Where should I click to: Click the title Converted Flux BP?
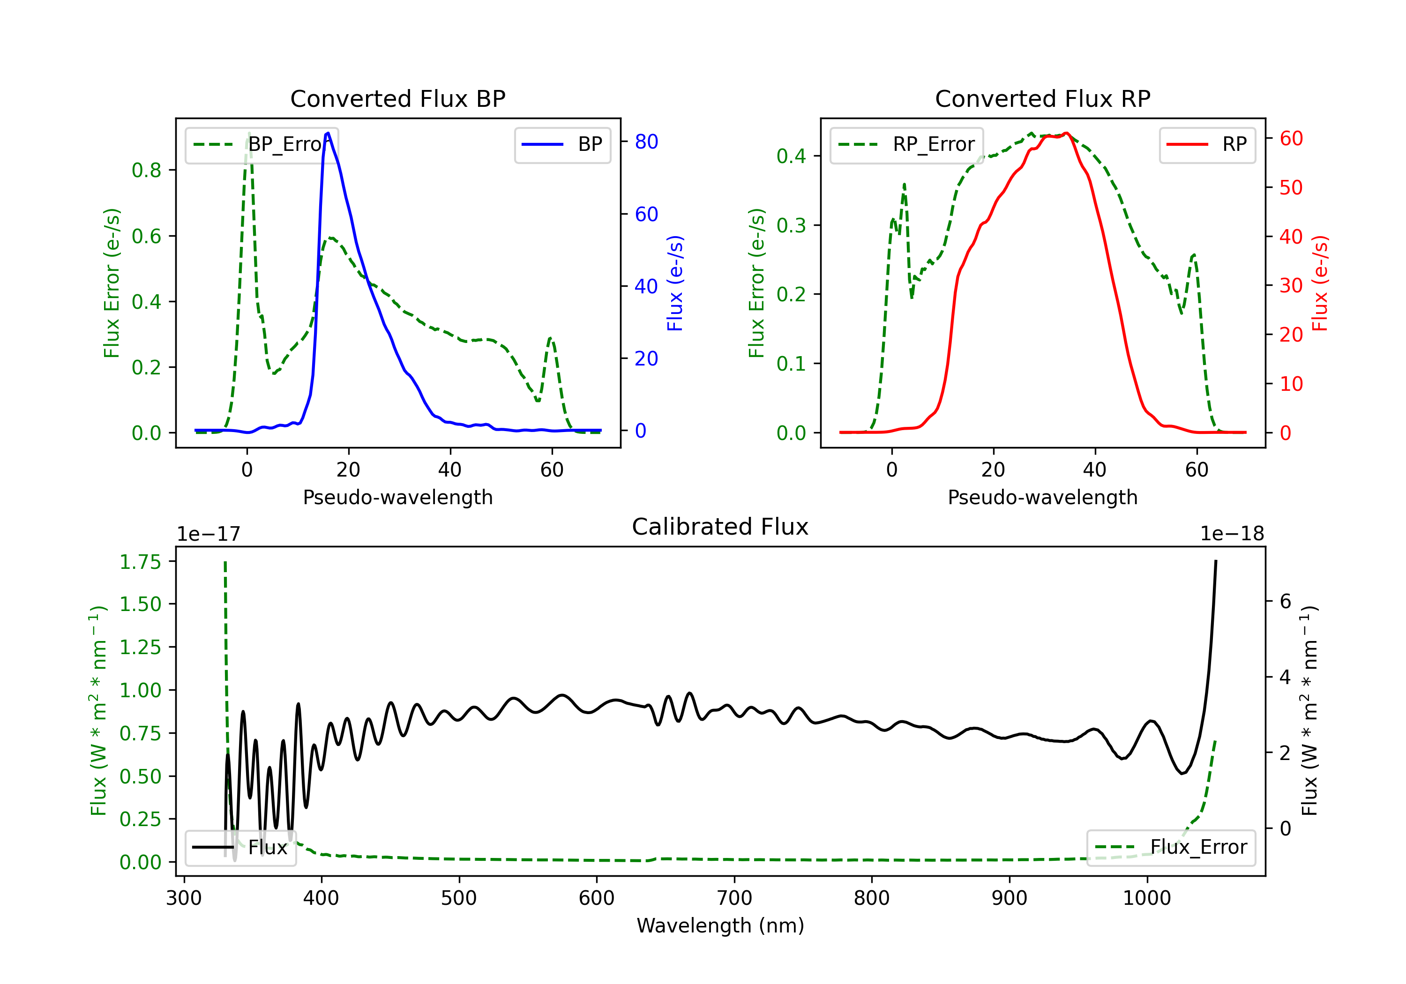tap(397, 98)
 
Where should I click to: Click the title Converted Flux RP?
tap(1042, 98)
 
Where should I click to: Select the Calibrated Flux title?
tap(720, 527)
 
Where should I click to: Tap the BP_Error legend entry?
tap(262, 144)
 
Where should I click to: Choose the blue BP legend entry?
tap(562, 144)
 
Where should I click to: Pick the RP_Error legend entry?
tap(906, 144)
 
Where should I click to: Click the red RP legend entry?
tap(1207, 144)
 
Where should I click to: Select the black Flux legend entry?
tap(239, 848)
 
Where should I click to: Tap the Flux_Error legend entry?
tap(1171, 848)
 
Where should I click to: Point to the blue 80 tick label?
tap(646, 142)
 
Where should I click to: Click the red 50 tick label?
tap(1291, 187)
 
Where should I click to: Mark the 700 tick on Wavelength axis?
tap(734, 898)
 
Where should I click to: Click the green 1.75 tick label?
tap(140, 562)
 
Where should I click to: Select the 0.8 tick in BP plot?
tap(146, 170)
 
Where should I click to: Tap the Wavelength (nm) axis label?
tap(720, 925)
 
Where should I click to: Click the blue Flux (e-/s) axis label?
tap(675, 283)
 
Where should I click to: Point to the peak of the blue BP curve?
tap(328, 133)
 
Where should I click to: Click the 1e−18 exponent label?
tap(1232, 534)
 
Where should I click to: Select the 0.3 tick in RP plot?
tap(791, 225)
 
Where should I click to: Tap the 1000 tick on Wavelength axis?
tap(1147, 898)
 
